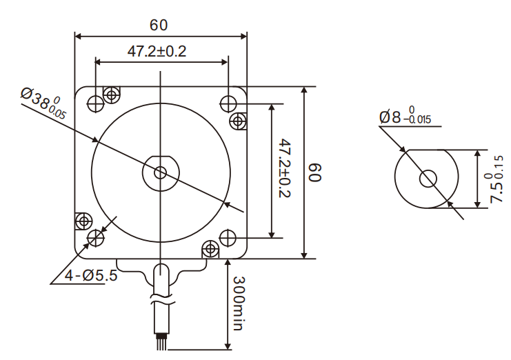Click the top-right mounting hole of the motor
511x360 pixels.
228,103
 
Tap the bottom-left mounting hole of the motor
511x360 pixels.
95,238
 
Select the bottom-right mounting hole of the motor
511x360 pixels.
228,238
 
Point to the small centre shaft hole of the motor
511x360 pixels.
161,172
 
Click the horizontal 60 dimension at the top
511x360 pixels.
159,25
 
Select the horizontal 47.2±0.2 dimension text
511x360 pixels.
157,52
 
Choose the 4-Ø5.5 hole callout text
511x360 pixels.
91,276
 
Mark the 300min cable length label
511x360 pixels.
238,304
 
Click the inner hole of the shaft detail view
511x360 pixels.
428,178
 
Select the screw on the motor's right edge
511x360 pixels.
239,122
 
